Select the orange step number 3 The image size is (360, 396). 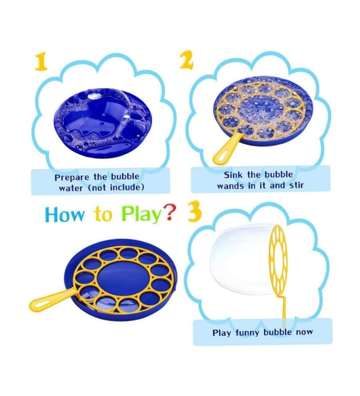pyautogui.click(x=194, y=211)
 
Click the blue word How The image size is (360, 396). pyautogui.click(x=64, y=215)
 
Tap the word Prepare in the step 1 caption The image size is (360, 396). pyautogui.click(x=72, y=177)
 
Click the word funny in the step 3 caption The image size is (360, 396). pyautogui.click(x=247, y=333)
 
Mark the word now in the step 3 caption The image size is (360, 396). pyautogui.click(x=304, y=332)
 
